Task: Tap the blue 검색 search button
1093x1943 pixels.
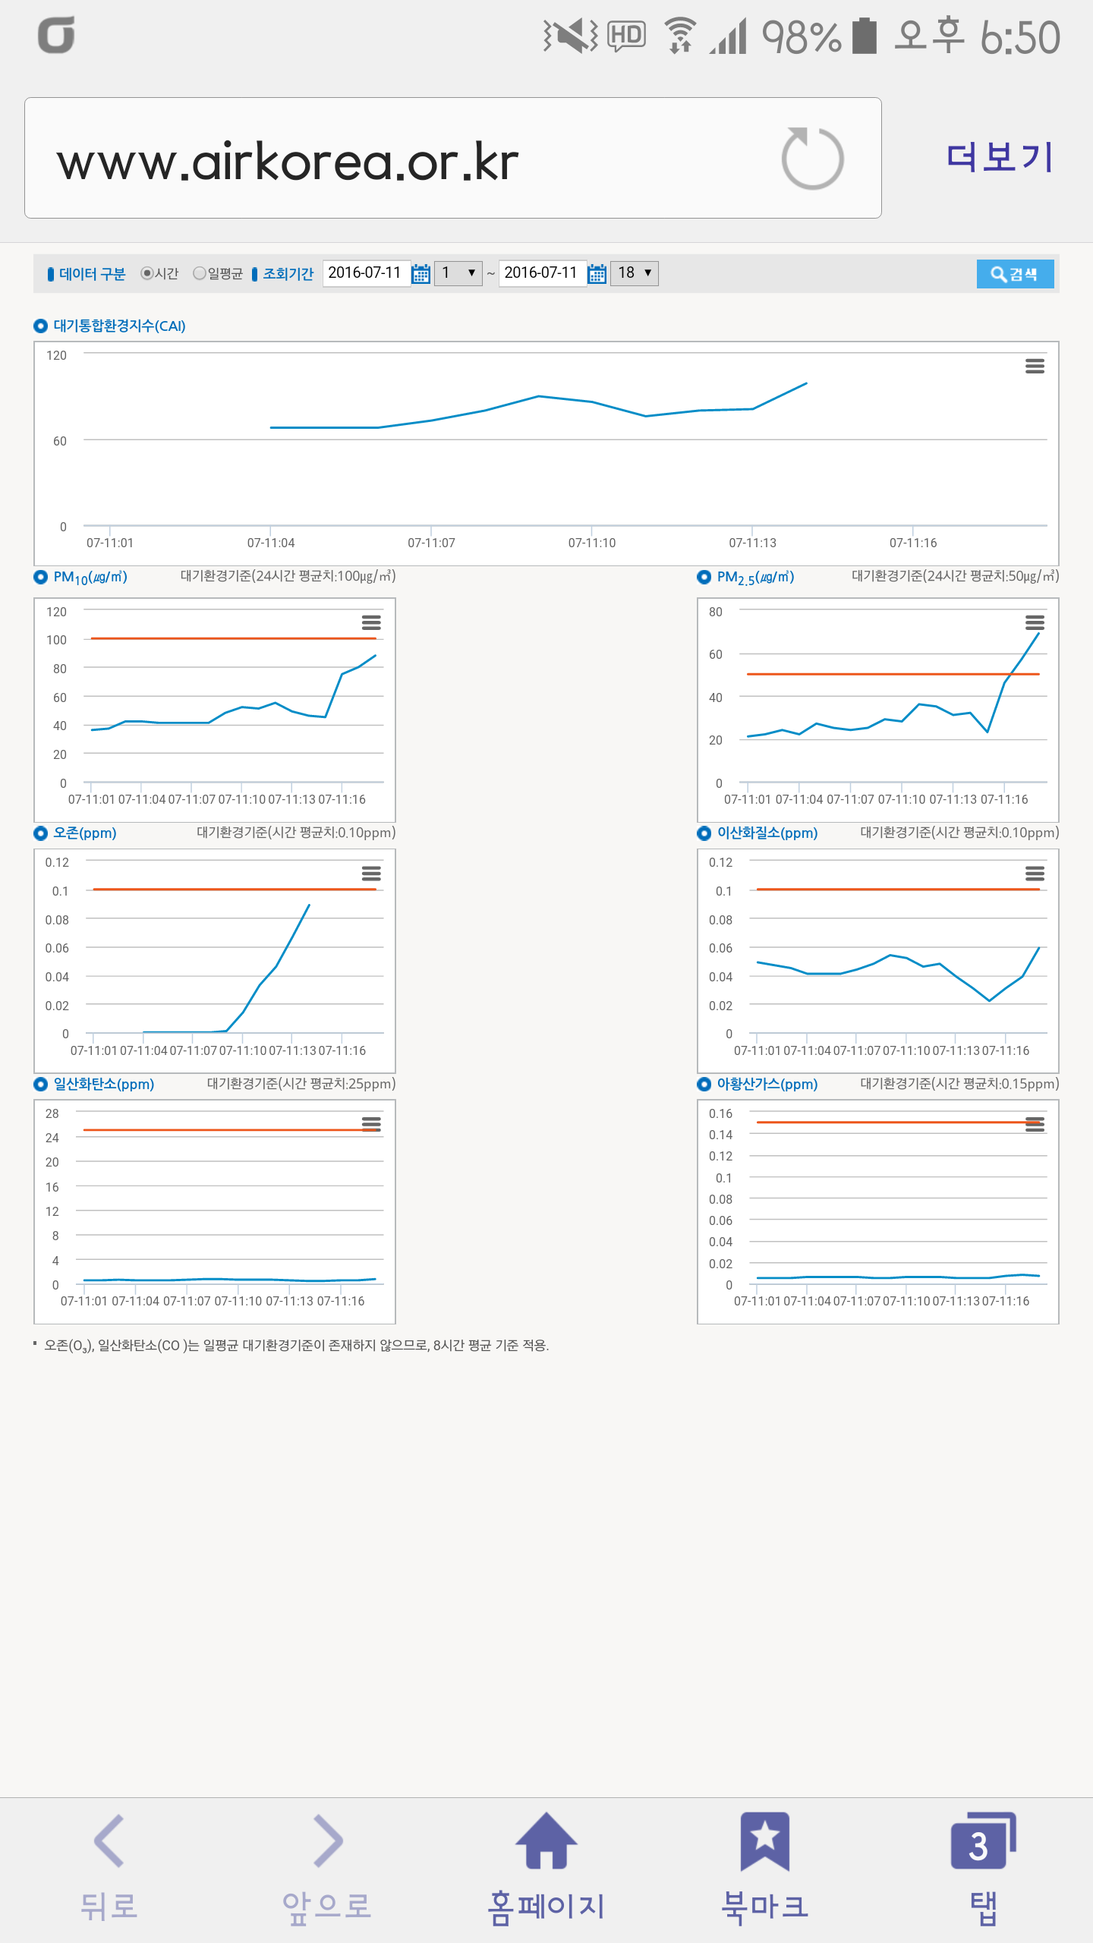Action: pyautogui.click(x=1014, y=274)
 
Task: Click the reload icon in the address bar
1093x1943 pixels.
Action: pyautogui.click(x=812, y=159)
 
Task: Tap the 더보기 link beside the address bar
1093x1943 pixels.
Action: pyautogui.click(x=1000, y=158)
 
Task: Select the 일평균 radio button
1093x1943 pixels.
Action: pyautogui.click(x=200, y=273)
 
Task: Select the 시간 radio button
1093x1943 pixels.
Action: pyautogui.click(x=147, y=273)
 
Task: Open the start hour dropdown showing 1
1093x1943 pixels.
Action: pyautogui.click(x=458, y=272)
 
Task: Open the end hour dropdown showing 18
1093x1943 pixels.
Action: pyautogui.click(x=635, y=272)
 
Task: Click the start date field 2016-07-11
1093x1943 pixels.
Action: pyautogui.click(x=365, y=272)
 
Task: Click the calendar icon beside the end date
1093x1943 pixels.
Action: pyautogui.click(x=597, y=273)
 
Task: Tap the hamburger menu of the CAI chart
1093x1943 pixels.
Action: pyautogui.click(x=1035, y=367)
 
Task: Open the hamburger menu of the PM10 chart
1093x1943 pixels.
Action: pyautogui.click(x=371, y=622)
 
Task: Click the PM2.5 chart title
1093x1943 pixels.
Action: pyautogui.click(x=755, y=578)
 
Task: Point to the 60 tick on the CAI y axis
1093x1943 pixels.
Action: pyautogui.click(x=60, y=441)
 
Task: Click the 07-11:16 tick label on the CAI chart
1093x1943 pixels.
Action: pyautogui.click(x=913, y=543)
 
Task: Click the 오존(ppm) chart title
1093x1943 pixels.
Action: pyautogui.click(x=84, y=833)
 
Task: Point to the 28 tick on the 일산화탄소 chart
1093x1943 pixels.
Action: pyautogui.click(x=52, y=1113)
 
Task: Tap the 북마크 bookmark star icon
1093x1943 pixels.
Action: pyautogui.click(x=765, y=1840)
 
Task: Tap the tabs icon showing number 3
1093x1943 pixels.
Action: pyautogui.click(x=982, y=1841)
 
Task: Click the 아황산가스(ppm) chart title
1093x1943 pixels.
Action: pyautogui.click(x=767, y=1084)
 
